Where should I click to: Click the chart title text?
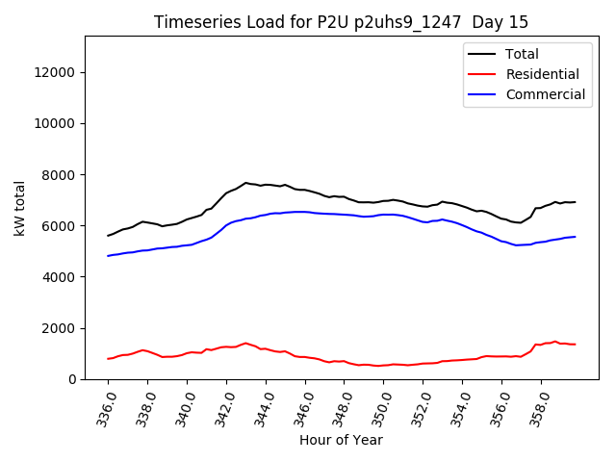pyautogui.click(x=341, y=22)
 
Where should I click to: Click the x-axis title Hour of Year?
pyautogui.click(x=341, y=440)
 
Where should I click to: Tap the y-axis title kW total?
pyautogui.click(x=20, y=208)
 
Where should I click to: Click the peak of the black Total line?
pyautogui.click(x=245, y=182)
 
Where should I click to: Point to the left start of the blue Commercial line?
pyautogui.click(x=108, y=256)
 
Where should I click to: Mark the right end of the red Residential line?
pyautogui.click(x=576, y=345)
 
